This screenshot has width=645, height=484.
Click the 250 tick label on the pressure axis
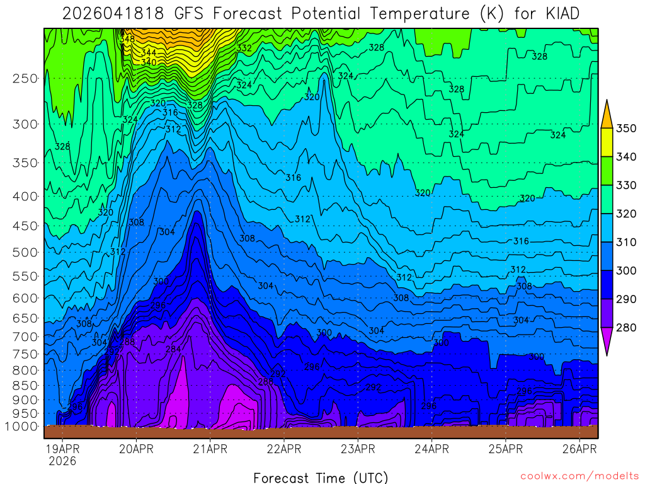[x=25, y=78]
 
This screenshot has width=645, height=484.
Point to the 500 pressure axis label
[x=25, y=252]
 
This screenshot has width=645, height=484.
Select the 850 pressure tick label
[x=25, y=385]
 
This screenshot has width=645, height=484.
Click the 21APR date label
[x=210, y=449]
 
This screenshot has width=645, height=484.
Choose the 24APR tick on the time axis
[x=431, y=449]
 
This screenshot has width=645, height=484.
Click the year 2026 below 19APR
[x=62, y=461]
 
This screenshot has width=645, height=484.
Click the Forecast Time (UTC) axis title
[x=321, y=477]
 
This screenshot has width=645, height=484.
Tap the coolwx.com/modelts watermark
[x=579, y=476]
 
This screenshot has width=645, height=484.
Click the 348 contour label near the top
[x=127, y=39]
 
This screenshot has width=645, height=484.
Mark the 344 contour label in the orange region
[x=149, y=53]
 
